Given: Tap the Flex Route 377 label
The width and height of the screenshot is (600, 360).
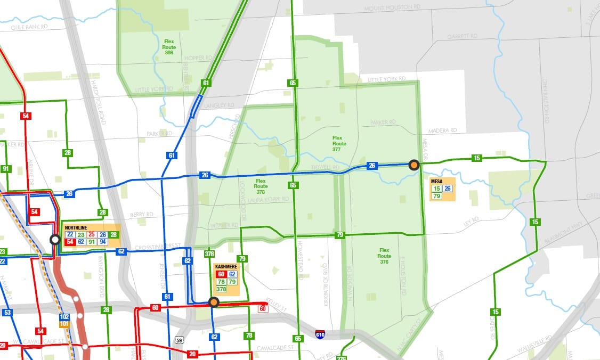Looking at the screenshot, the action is point(339,143).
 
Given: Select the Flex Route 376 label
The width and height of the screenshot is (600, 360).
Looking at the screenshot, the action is point(384,256).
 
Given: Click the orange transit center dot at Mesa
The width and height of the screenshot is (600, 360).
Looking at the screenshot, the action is point(414,165).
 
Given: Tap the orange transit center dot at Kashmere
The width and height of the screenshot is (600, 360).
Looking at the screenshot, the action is point(214,302).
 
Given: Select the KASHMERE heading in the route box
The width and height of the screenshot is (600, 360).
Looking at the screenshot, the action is point(226,267).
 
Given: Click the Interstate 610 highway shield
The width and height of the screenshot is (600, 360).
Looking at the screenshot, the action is point(319,334).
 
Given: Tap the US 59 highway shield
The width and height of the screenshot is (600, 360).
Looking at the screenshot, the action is point(180,339).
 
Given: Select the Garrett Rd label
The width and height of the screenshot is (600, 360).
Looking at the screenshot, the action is point(462,36).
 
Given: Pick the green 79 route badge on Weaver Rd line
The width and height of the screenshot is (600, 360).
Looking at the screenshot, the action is point(339,235).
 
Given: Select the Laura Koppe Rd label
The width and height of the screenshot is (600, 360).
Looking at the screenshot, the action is point(268,200).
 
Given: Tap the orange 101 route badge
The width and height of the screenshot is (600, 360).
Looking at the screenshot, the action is point(64,323).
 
